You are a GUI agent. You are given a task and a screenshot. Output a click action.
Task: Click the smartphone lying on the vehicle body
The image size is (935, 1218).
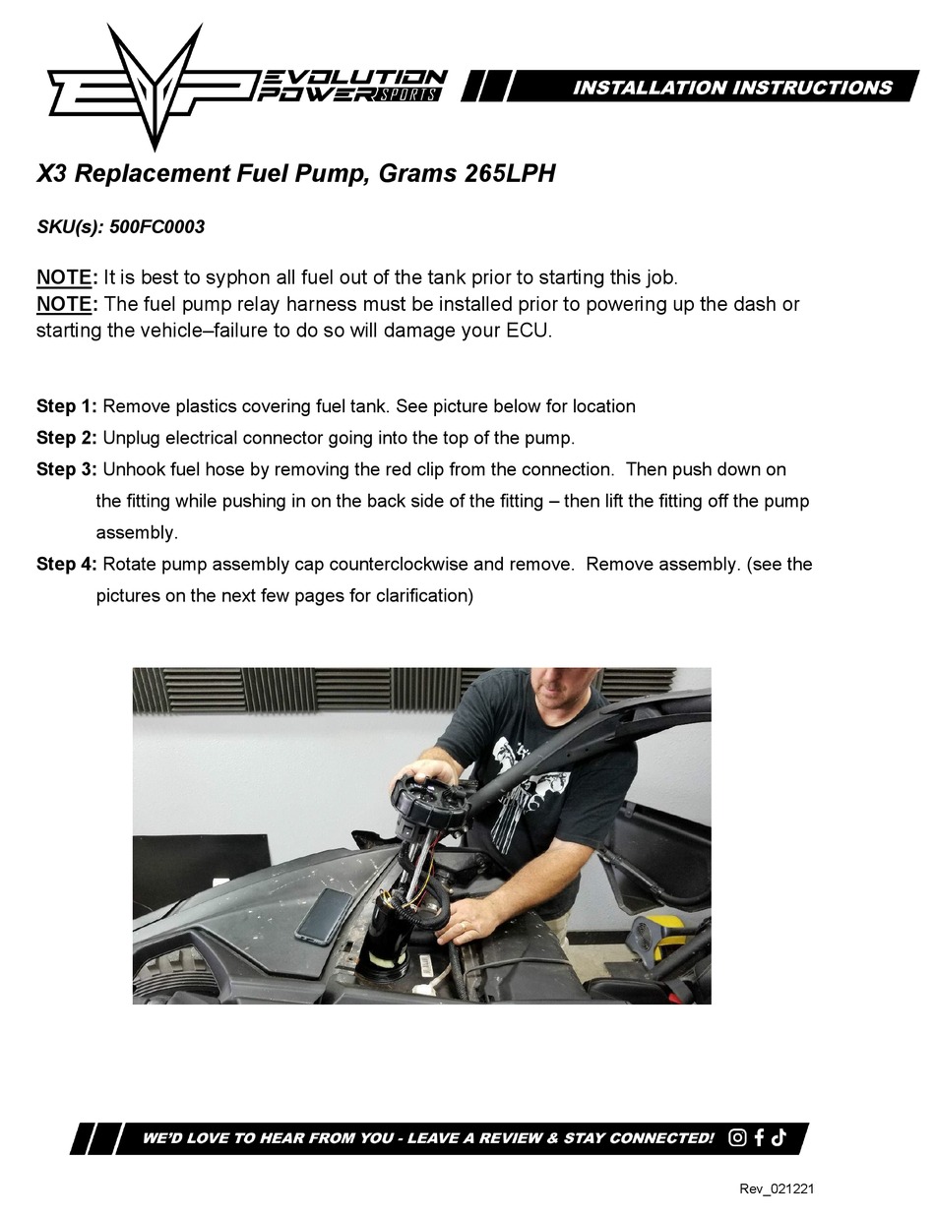pyautogui.click(x=325, y=914)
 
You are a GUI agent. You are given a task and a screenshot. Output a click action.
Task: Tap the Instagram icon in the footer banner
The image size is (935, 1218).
pyautogui.click(x=738, y=1138)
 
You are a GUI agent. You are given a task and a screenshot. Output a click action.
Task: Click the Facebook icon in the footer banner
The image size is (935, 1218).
pyautogui.click(x=760, y=1138)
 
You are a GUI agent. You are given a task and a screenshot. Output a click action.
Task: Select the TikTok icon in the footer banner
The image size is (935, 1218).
pyautogui.click(x=779, y=1138)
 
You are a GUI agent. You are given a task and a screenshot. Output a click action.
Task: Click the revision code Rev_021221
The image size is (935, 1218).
pyautogui.click(x=777, y=1189)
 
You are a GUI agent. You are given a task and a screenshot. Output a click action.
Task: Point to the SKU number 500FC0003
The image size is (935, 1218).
pyautogui.click(x=157, y=227)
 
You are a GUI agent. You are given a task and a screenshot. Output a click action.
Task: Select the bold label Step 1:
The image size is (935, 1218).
pyautogui.click(x=67, y=406)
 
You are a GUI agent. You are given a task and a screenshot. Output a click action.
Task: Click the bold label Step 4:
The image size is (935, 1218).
pyautogui.click(x=67, y=565)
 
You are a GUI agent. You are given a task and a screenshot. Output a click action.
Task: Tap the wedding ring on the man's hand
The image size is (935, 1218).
pyautogui.click(x=464, y=925)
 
